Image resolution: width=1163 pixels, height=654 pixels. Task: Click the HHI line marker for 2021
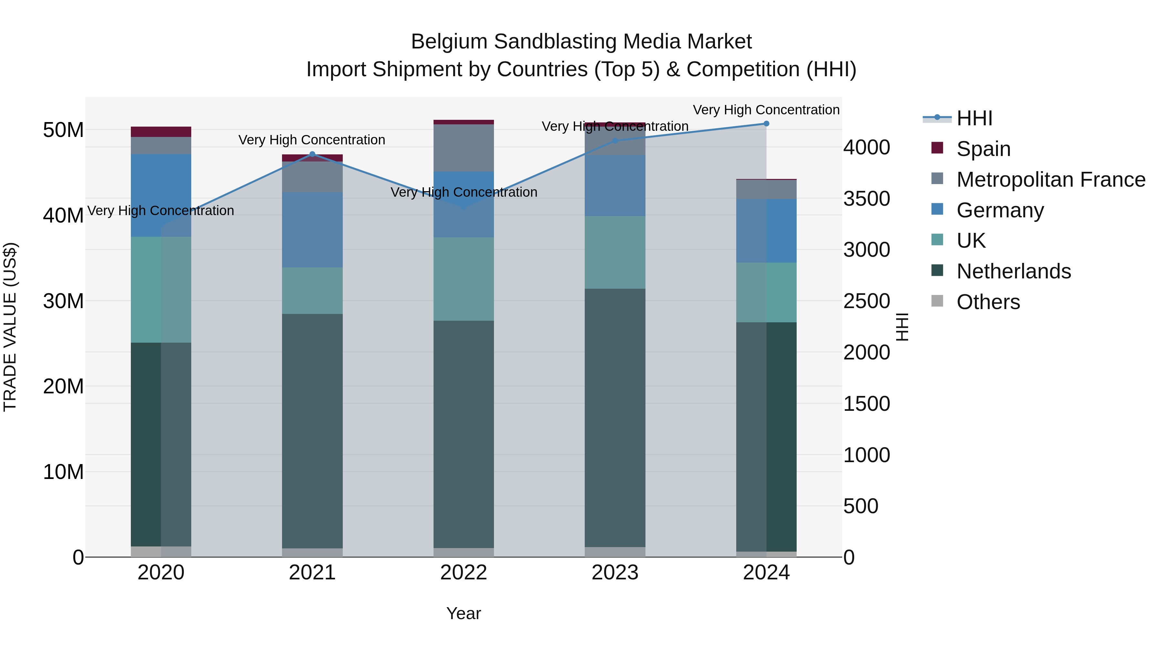click(312, 154)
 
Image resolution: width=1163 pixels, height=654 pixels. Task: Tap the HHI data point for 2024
click(766, 124)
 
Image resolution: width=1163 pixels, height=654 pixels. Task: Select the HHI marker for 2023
click(614, 141)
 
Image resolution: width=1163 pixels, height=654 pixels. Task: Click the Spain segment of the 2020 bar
click(161, 132)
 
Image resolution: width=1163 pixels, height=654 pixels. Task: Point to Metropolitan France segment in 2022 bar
click(463, 148)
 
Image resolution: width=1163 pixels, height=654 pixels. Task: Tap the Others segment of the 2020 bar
click(161, 552)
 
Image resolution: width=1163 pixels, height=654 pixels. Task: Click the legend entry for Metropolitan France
click(1051, 180)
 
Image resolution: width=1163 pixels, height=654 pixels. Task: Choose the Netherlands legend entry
click(1013, 271)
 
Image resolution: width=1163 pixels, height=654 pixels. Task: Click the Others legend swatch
click(937, 301)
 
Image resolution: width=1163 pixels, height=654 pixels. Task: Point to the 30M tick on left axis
click(63, 301)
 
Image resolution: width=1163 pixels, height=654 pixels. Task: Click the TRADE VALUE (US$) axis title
click(10, 327)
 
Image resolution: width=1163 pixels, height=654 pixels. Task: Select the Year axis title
click(463, 613)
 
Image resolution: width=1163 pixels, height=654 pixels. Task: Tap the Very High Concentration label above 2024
click(766, 110)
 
